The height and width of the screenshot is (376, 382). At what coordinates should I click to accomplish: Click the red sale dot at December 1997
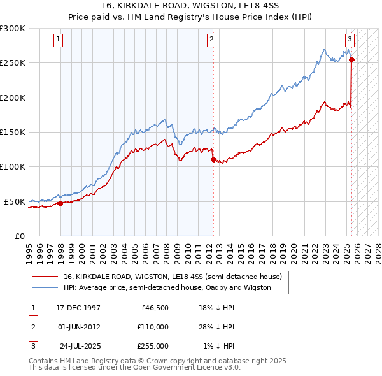tap(60, 204)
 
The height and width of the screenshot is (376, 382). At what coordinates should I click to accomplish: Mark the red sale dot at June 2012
tap(213, 160)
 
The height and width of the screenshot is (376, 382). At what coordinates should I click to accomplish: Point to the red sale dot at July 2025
tap(352, 60)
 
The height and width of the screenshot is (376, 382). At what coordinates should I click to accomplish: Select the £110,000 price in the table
tap(152, 327)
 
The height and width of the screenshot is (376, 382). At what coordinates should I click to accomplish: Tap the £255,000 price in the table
tap(152, 346)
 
